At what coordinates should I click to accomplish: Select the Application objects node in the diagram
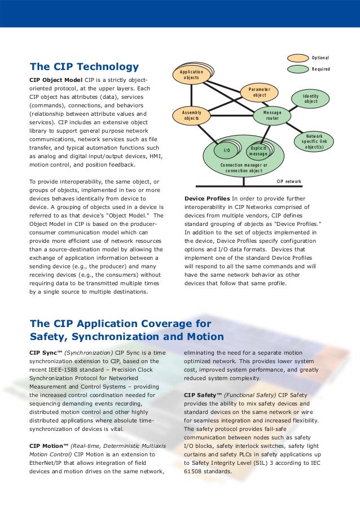tap(192, 75)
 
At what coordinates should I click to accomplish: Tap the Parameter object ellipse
tap(259, 93)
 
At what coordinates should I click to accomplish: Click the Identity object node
tap(310, 99)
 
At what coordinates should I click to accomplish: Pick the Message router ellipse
tap(272, 115)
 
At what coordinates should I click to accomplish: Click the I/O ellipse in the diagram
tap(227, 151)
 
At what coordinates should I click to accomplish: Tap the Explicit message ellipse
tap(258, 151)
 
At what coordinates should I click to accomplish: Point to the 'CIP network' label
tap(288, 182)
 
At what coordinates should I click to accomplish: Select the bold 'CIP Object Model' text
tap(55, 80)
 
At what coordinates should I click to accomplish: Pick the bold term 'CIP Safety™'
tap(204, 395)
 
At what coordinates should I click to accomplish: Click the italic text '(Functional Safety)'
tap(252, 395)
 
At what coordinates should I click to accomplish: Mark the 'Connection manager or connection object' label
tap(244, 168)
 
